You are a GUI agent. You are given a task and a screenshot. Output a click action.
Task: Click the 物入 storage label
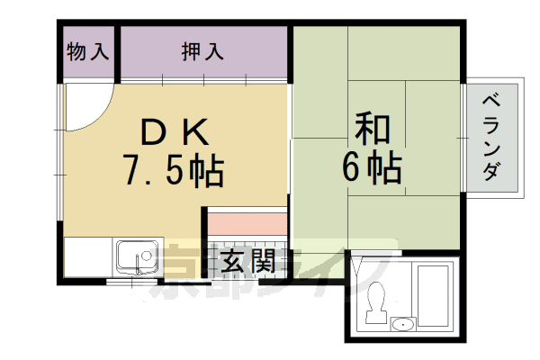tap(87, 51)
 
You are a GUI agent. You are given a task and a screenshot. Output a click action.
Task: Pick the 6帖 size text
tap(371, 167)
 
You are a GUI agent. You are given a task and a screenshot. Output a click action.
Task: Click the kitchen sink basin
tap(137, 257)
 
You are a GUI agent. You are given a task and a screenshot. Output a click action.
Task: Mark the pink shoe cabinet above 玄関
tap(247, 221)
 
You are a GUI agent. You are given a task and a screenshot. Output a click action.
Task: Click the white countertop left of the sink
tap(88, 257)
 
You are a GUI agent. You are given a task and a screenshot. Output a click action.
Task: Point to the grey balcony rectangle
tap(491, 139)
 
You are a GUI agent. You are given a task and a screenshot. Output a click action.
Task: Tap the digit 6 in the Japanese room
tap(355, 167)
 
